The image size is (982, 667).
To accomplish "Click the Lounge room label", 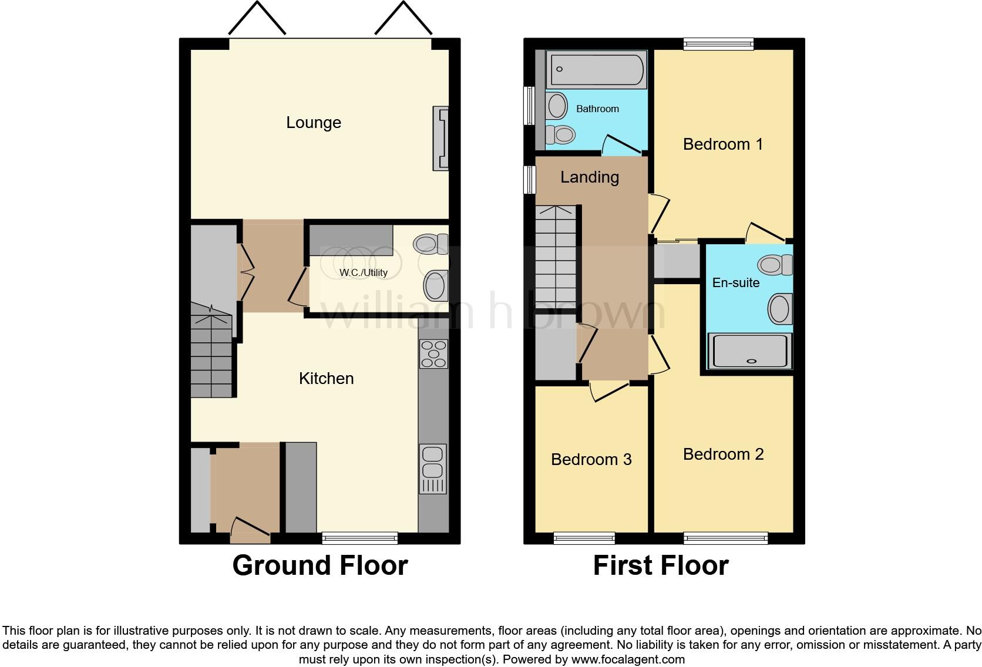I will tap(313, 123).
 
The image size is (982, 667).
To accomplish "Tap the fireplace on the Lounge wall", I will tap(440, 139).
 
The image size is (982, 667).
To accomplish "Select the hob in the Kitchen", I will tap(433, 354).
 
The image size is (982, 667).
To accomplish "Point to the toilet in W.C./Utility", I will tap(432, 244).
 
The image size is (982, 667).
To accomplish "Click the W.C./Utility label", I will tap(363, 273).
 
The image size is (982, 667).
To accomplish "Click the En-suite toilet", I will tap(775, 265).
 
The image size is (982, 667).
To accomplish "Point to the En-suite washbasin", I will tap(781, 308).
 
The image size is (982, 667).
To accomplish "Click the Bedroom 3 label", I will tap(591, 460).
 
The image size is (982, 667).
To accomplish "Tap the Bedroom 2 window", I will tap(725, 537).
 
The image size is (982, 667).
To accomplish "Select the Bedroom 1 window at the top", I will tap(718, 43).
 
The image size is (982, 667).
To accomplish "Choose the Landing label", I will tap(589, 177).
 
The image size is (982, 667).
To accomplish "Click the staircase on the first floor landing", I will tap(556, 258).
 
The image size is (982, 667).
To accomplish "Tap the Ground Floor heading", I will tap(320, 565).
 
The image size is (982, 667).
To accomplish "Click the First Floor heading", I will tap(660, 565).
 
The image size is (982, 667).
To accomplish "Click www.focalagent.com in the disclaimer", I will tap(627, 659).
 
